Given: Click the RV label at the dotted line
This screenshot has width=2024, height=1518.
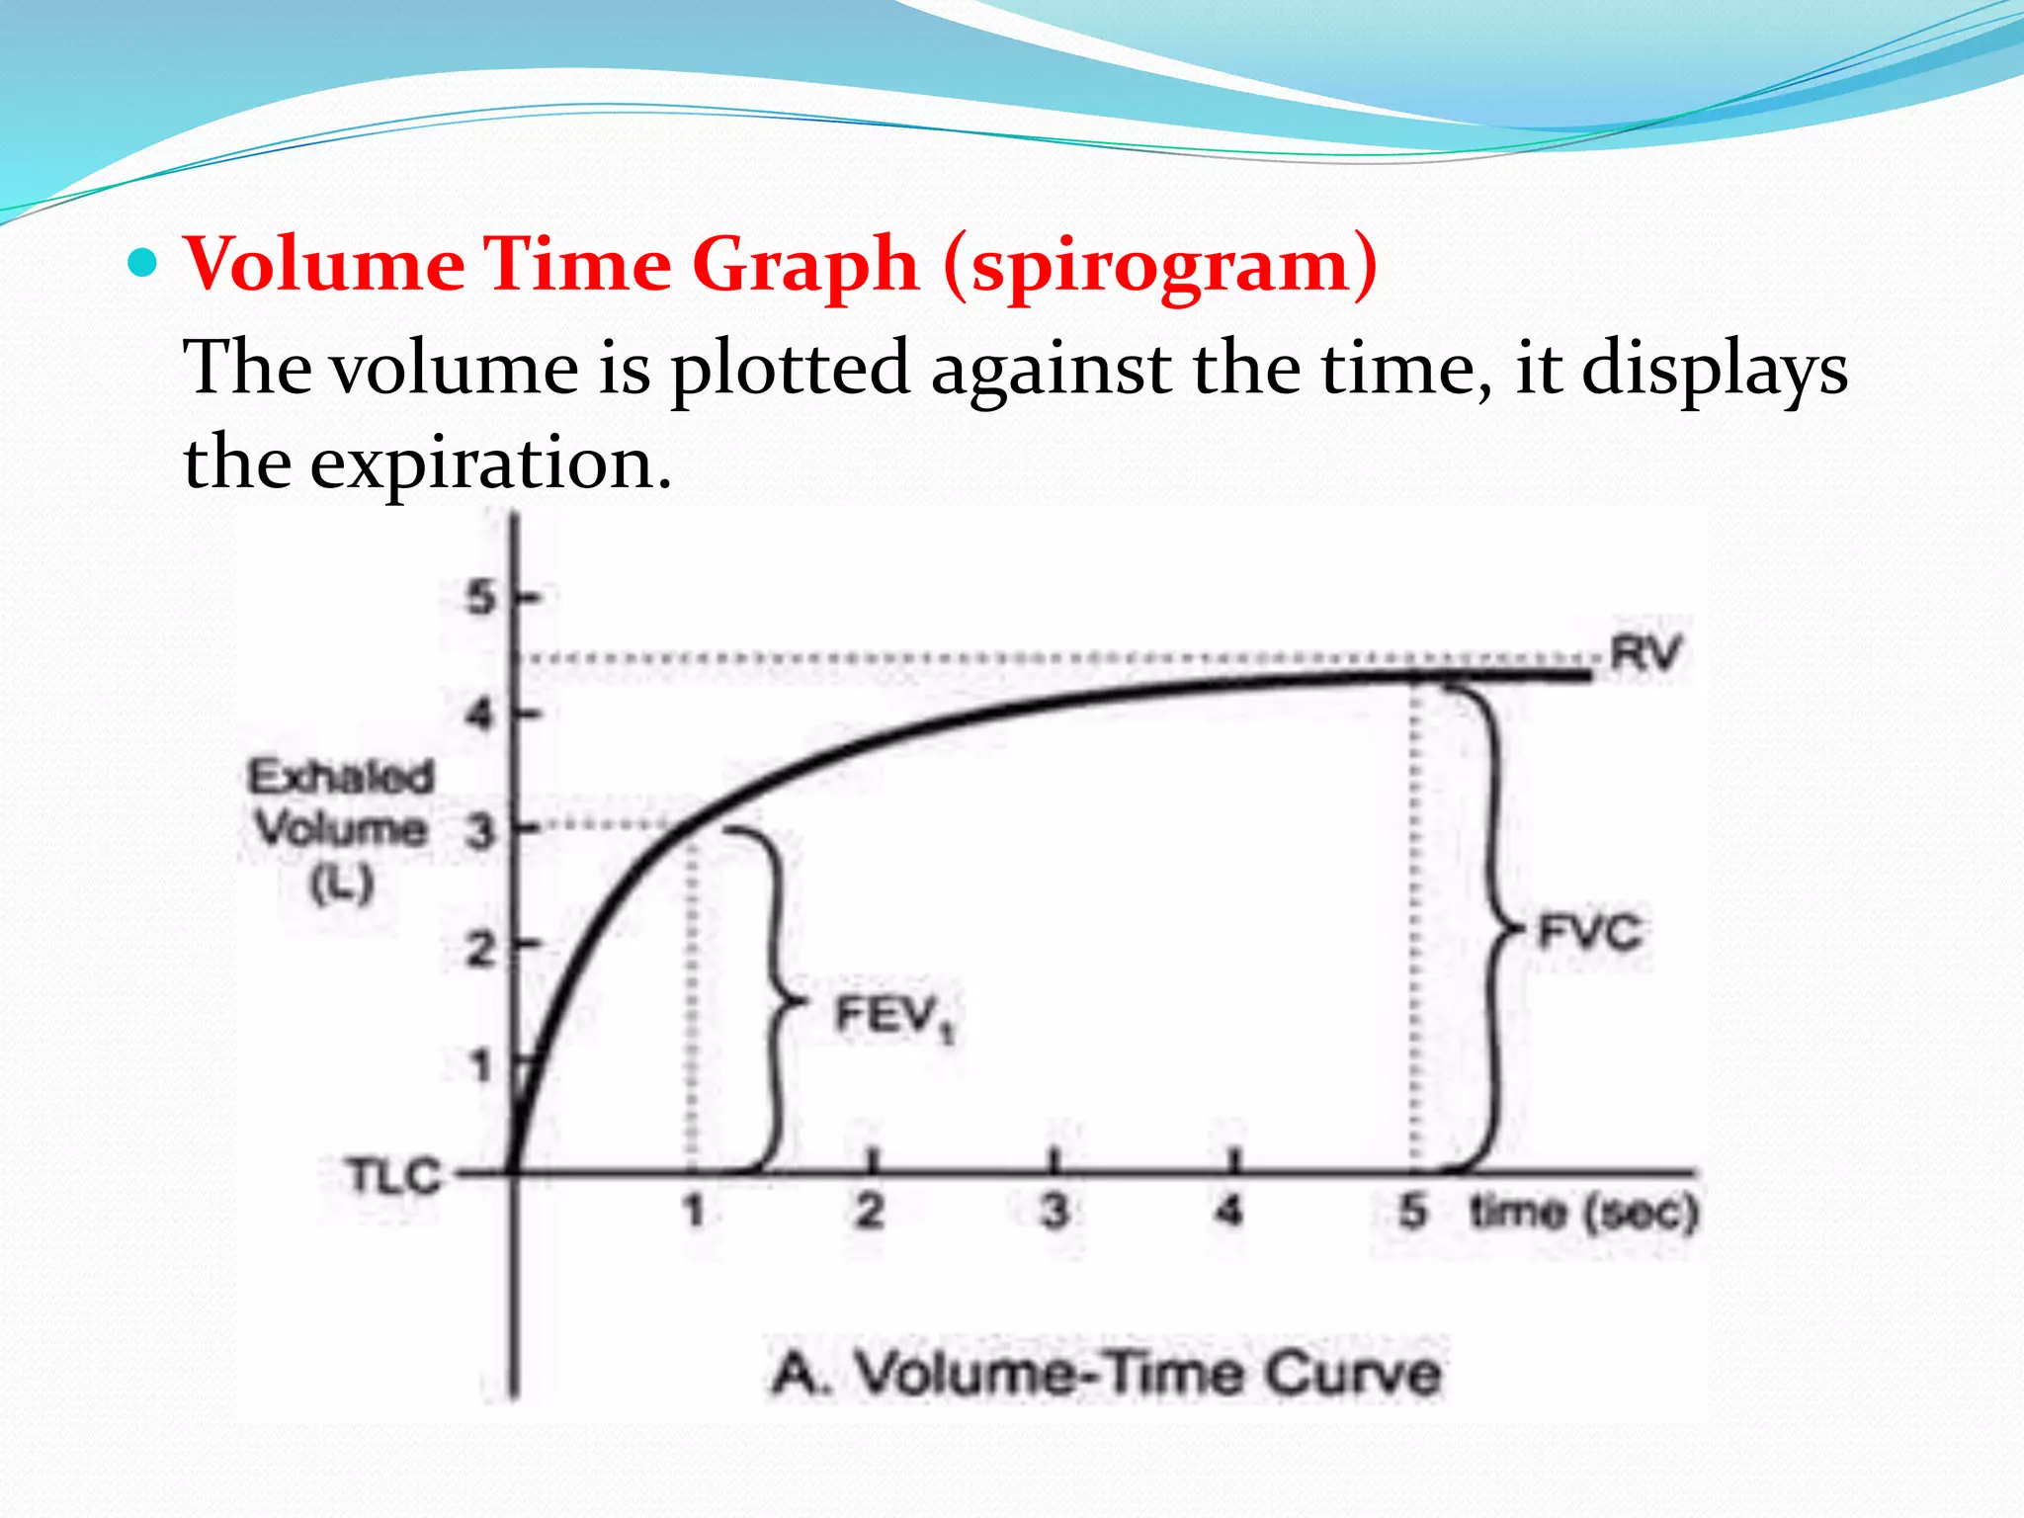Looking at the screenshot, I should coord(1645,653).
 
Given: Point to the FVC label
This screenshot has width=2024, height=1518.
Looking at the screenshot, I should coord(1589,932).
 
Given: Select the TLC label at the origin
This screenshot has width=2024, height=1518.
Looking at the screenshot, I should coord(393,1176).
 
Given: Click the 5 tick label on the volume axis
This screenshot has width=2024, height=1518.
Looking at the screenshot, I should coord(481,598).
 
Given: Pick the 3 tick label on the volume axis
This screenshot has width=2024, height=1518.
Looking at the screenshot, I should coord(480,831).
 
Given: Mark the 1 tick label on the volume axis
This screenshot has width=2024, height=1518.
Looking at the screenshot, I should coord(481,1065).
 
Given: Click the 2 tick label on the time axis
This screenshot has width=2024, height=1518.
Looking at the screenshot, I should coord(870,1210).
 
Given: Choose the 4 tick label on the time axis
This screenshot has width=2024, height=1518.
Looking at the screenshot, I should coord(1228,1210).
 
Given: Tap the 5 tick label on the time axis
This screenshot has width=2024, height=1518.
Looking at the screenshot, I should coord(1413,1210).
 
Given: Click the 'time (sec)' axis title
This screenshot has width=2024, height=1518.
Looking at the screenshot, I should coord(1583,1212).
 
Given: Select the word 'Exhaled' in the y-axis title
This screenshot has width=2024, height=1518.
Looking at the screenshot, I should coord(341,777).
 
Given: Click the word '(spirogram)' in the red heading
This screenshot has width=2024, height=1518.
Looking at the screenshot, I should coord(1160,265).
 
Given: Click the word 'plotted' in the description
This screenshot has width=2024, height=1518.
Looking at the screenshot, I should coord(789,368).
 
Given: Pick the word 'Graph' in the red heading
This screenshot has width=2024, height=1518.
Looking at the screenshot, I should coord(805,265).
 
